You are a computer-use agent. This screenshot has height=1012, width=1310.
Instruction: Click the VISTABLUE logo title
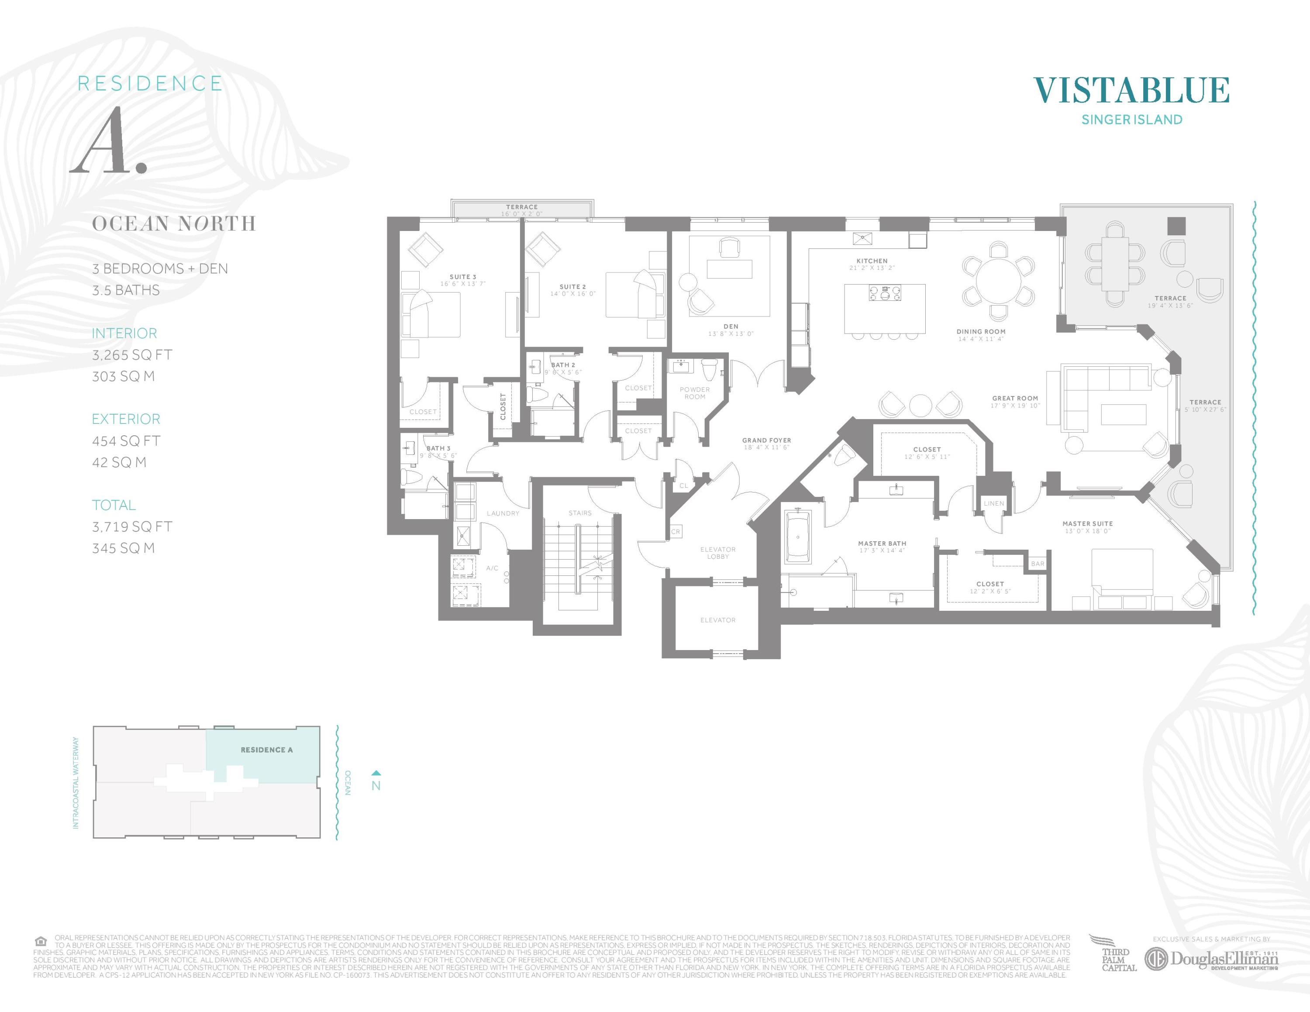click(x=1131, y=90)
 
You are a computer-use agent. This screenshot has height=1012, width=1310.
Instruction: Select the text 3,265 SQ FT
click(x=132, y=355)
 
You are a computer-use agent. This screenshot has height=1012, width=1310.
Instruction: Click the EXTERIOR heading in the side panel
click(x=126, y=419)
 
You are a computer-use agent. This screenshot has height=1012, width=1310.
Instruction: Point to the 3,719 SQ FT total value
click(x=132, y=527)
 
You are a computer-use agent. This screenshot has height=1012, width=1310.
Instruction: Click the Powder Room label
click(x=695, y=392)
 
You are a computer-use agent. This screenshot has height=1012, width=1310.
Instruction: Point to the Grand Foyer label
click(x=766, y=440)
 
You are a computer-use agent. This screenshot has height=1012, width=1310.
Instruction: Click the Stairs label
click(x=579, y=513)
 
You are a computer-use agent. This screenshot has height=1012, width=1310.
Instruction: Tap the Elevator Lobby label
click(x=717, y=553)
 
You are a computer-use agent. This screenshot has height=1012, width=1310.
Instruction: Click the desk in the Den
click(x=729, y=268)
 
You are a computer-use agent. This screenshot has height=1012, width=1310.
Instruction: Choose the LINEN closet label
click(x=993, y=504)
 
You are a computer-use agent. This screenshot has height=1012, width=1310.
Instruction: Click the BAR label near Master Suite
click(x=1038, y=564)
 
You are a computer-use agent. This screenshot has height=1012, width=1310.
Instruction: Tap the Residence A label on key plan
click(x=266, y=750)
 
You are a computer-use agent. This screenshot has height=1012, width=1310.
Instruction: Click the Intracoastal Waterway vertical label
click(x=76, y=783)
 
